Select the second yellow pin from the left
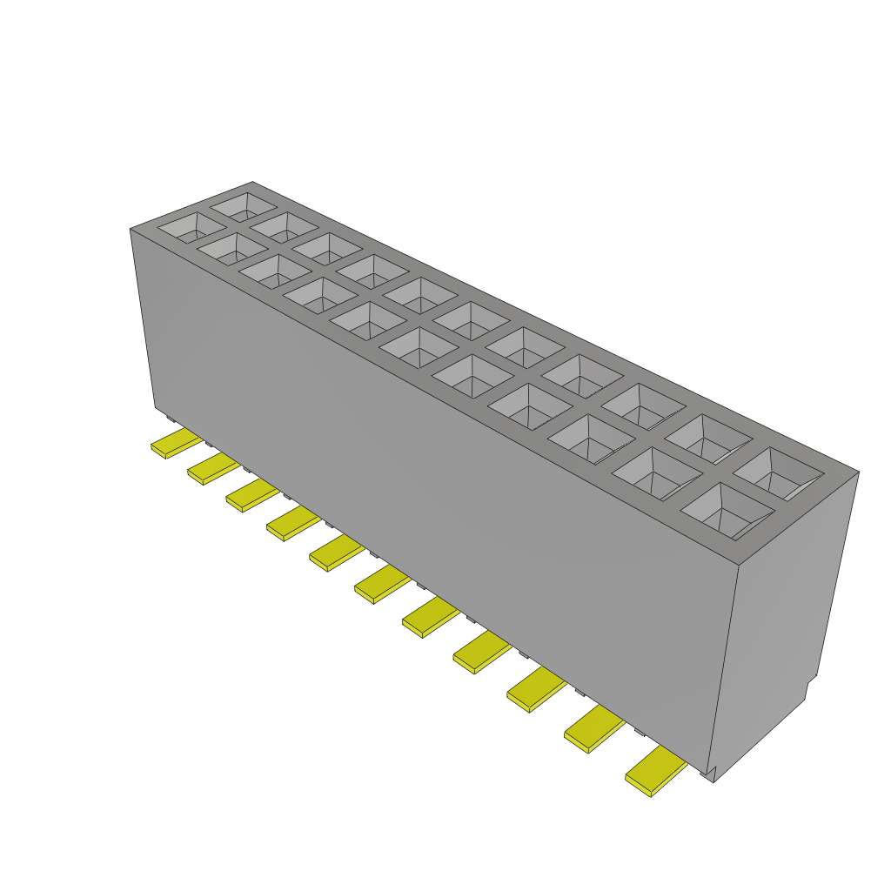212,469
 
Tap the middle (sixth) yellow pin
382,583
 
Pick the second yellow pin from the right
595,729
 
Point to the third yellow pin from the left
251,495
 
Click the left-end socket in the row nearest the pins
191,228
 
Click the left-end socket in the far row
245,206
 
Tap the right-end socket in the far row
777,473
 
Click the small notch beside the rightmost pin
709,772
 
